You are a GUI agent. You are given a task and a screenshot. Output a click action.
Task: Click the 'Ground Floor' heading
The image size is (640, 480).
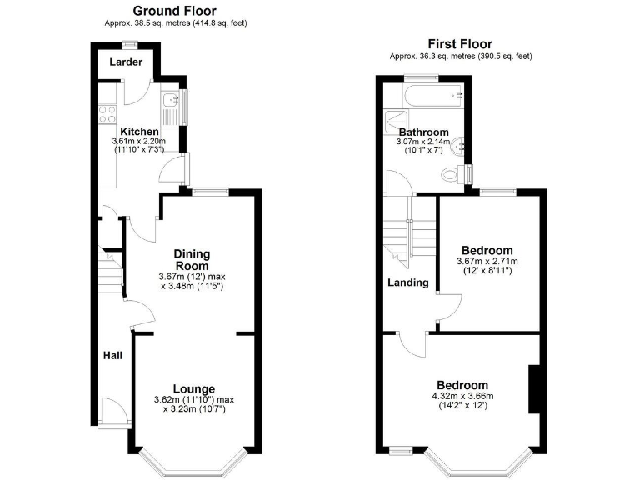click(175, 11)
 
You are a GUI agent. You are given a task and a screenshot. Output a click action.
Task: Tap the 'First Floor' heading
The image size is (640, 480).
click(460, 44)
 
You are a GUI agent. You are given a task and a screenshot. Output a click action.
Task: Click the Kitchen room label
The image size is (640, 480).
click(139, 132)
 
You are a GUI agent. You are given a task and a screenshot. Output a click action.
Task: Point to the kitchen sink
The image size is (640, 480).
click(172, 102)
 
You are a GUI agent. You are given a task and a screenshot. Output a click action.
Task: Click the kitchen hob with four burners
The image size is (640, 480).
click(107, 112)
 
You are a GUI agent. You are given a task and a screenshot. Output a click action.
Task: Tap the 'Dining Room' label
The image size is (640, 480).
click(192, 259)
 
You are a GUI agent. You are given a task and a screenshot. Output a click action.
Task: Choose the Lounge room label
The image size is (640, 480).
click(193, 388)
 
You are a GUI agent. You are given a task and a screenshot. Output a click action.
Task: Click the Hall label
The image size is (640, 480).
click(112, 356)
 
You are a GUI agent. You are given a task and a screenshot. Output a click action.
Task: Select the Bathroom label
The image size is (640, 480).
click(423, 132)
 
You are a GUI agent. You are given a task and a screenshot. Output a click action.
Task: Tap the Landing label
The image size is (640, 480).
click(408, 282)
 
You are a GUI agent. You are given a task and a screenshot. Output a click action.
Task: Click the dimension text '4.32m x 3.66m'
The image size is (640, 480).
click(463, 395)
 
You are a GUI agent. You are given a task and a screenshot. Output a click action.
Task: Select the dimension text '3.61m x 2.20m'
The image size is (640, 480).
click(139, 142)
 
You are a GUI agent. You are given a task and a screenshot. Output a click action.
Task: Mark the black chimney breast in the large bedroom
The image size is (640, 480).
click(535, 388)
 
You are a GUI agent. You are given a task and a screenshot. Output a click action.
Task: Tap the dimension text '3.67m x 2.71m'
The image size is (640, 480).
click(490, 261)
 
